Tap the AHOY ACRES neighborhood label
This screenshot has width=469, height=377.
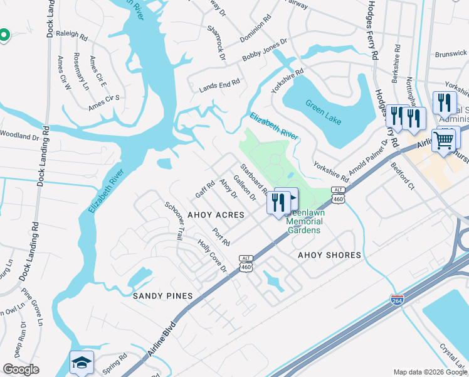[x=216, y=214]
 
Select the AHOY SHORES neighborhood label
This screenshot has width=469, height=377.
[x=329, y=255]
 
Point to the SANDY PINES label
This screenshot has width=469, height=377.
[x=162, y=295]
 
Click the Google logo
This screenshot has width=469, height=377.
[x=21, y=369]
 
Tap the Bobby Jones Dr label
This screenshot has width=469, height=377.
[x=265, y=52]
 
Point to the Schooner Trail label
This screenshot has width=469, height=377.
[x=174, y=221]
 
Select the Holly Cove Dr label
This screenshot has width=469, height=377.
[x=213, y=256]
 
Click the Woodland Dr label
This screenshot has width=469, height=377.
[x=19, y=134]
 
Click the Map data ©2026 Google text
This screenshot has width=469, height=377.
[x=429, y=372]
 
